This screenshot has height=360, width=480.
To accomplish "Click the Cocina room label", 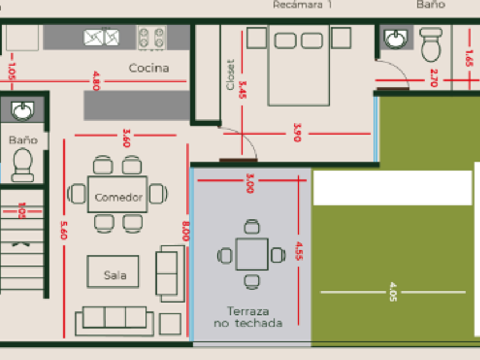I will [x=149, y=68].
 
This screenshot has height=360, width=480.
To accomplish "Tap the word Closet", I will [x=230, y=75].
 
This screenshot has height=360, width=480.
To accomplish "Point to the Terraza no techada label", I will [x=248, y=317].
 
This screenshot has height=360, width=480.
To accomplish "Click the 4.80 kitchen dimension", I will [x=95, y=81].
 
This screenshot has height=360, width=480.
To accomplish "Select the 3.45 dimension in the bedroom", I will [x=243, y=90].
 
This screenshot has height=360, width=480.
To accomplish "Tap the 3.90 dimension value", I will [x=297, y=133].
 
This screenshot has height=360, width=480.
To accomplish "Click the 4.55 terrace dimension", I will [x=298, y=251].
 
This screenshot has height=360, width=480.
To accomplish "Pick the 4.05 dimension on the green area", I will [x=393, y=291].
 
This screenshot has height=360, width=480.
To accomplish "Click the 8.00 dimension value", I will [x=186, y=231].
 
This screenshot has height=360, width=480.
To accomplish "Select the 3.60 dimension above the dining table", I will [x=126, y=137].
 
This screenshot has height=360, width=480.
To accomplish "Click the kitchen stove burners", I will [x=151, y=38].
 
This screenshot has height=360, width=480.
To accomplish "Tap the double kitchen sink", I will [x=102, y=37].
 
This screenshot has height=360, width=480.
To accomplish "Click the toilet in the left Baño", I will [x=23, y=164].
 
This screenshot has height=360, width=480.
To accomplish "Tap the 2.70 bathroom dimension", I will [x=433, y=77].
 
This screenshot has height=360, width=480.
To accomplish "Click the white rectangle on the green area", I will [x=393, y=188].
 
